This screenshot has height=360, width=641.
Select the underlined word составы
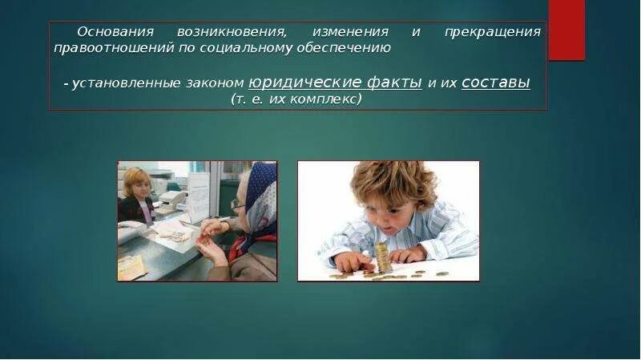[x=496, y=83]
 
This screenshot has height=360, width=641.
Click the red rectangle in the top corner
[x=566, y=30]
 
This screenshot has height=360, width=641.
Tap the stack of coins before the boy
[x=384, y=257]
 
